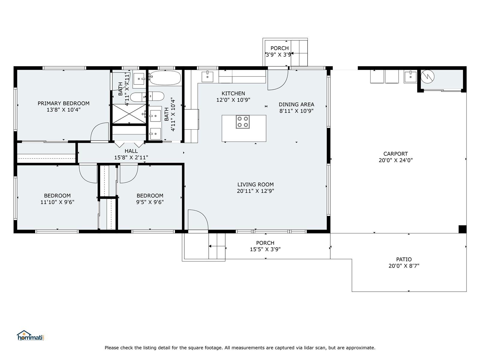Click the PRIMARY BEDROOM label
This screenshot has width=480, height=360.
point(63,103)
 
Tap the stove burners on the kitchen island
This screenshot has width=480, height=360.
point(243,122)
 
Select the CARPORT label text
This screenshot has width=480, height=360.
point(396,154)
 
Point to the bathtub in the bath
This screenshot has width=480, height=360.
point(165,78)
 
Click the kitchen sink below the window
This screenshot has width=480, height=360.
point(207,77)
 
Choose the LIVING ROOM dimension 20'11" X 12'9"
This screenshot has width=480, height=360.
point(255,191)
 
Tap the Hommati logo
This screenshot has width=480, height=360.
point(30,335)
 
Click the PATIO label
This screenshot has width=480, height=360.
point(404,259)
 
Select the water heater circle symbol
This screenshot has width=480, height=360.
point(427,76)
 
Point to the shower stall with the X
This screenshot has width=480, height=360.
point(129,114)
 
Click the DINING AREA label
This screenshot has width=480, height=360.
point(296,104)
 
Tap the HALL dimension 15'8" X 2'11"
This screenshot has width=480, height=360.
point(131,157)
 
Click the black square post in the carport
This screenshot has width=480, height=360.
point(462,229)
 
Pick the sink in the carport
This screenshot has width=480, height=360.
point(410,77)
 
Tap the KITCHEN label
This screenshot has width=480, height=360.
point(233,94)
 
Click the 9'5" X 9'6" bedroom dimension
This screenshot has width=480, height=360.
point(150,202)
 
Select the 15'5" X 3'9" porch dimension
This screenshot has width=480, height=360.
point(265,249)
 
